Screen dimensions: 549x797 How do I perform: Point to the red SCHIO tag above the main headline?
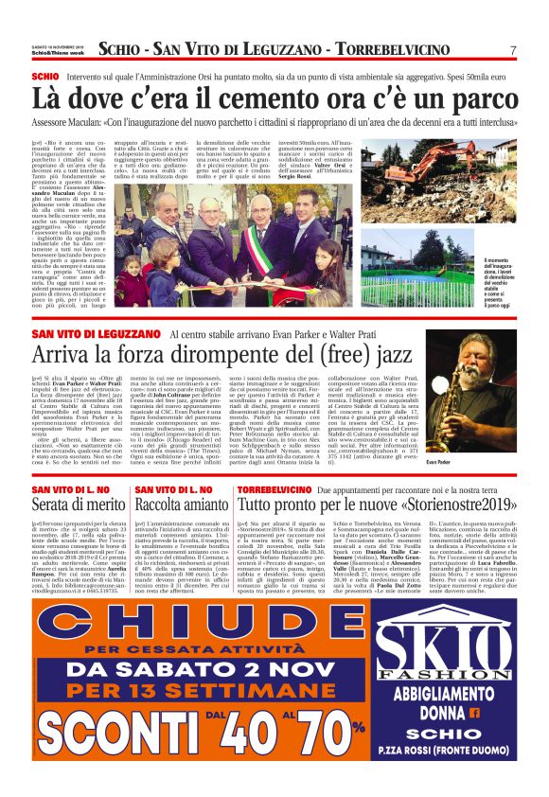44,74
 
